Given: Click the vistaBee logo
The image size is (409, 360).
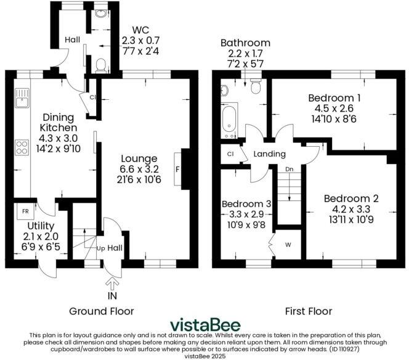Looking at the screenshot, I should click(205, 324).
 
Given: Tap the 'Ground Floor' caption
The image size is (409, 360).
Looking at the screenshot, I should click(101, 310).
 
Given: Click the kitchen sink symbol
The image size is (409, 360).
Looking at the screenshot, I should click(22, 97).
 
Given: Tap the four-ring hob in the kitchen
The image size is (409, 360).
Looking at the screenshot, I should click(22, 147).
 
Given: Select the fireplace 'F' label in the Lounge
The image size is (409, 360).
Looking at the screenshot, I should click(178, 168).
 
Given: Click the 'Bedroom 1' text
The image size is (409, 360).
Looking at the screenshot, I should click(334, 97).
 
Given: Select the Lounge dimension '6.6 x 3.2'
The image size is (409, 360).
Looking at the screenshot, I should click(139, 169).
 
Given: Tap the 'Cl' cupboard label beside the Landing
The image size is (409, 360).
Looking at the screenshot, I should click(231, 154).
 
